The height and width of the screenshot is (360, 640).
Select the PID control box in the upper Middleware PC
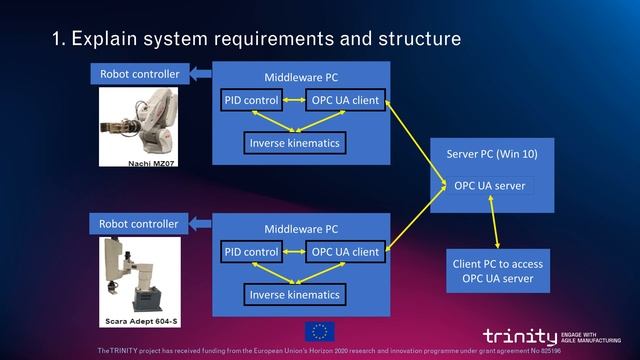[x=251, y=101]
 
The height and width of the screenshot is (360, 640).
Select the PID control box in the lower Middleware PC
[x=251, y=252]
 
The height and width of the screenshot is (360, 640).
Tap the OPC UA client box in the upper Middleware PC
[x=345, y=101]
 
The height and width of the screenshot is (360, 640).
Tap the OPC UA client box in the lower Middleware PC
[x=345, y=252]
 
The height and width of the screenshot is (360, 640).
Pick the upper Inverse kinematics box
[x=294, y=143]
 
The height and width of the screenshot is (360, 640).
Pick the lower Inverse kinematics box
[x=294, y=295]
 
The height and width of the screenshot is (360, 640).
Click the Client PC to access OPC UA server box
[x=497, y=270]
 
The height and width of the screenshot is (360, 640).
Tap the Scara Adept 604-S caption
[x=140, y=322]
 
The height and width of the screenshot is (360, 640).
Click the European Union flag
[x=320, y=332]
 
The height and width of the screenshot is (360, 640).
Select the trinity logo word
[x=519, y=336]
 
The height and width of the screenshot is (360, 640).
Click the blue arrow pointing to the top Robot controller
[x=201, y=73]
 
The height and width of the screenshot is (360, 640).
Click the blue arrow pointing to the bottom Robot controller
[x=201, y=223]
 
